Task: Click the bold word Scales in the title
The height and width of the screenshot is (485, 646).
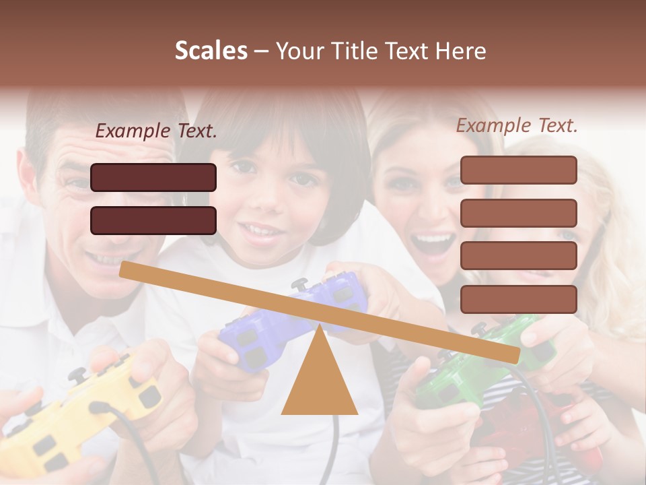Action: (211, 51)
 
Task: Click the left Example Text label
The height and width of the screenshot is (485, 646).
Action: (156, 131)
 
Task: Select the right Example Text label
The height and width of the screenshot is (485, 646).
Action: (517, 125)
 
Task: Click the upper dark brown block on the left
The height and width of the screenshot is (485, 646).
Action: (153, 177)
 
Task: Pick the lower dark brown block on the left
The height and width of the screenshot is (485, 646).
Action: (153, 220)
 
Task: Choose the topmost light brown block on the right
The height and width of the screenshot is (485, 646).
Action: (518, 170)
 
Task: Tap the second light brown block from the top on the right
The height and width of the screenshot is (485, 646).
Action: (518, 213)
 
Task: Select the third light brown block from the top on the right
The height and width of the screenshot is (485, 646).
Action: (518, 256)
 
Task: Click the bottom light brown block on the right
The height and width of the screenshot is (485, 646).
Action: (518, 299)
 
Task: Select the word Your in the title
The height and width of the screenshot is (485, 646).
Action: (297, 51)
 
